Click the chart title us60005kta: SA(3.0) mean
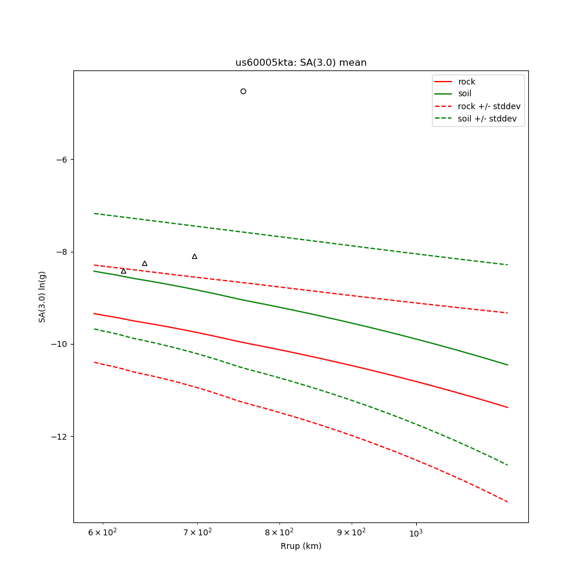coord(301,63)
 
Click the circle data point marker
coord(243,91)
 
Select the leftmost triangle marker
coord(123,271)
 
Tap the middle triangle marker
coord(144,264)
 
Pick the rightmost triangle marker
coord(194,257)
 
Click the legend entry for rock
coord(467,82)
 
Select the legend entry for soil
coord(464,93)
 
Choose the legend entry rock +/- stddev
coord(488,106)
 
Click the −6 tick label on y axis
coord(61,160)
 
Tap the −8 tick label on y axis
coord(61,252)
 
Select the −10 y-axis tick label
coord(59,344)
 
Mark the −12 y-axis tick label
coord(59,437)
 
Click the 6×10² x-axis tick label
coord(103,532)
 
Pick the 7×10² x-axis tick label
coord(197,532)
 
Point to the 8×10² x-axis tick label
coord(279,532)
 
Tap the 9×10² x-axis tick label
coord(351,532)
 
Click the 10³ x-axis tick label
coord(416,532)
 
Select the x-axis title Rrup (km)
coord(301,546)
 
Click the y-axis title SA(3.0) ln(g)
coord(42,296)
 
